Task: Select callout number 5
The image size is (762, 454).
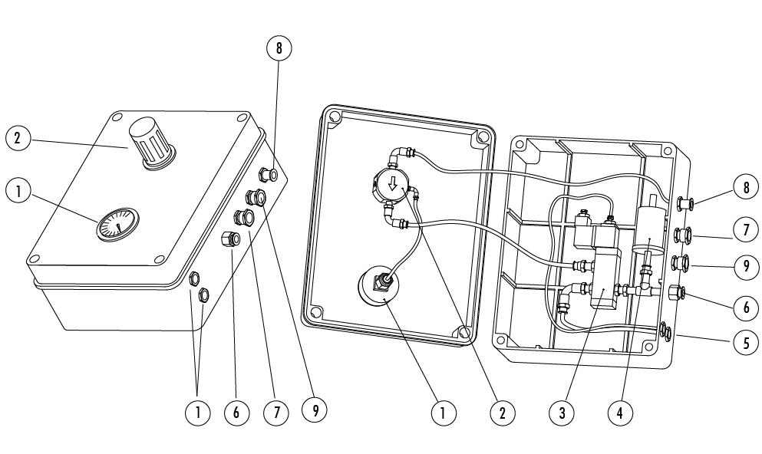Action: click(x=745, y=343)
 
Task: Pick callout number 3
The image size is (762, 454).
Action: click(x=562, y=413)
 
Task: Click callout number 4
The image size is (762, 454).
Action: click(x=620, y=413)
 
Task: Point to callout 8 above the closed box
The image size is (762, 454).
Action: click(x=279, y=48)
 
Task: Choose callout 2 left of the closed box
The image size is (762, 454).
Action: click(x=18, y=138)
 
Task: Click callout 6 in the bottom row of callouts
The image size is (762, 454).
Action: click(x=236, y=413)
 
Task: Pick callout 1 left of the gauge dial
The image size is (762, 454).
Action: click(x=18, y=191)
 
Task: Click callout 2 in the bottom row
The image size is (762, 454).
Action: click(x=502, y=413)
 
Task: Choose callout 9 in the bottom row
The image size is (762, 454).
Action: click(x=315, y=411)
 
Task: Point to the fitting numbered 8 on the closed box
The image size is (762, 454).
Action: click(x=269, y=173)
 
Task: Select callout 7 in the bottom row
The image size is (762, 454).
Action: click(x=276, y=413)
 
